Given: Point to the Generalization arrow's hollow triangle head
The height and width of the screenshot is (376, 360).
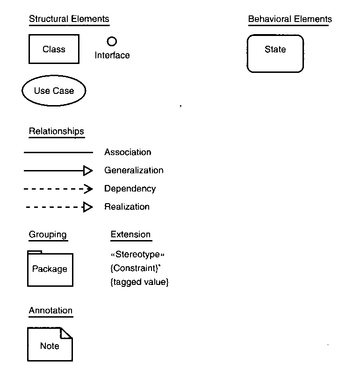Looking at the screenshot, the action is click(x=88, y=171).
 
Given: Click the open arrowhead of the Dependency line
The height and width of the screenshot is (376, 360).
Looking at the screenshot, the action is click(x=88, y=189).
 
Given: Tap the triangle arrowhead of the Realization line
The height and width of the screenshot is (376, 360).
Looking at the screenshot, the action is click(x=87, y=207).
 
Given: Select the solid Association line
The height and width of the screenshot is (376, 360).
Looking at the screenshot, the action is click(x=58, y=152).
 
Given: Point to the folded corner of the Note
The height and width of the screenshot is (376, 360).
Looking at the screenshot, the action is click(x=66, y=333).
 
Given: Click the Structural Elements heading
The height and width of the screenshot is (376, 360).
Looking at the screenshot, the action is click(x=69, y=19).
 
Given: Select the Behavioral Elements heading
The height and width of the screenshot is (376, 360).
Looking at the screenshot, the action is click(x=290, y=19).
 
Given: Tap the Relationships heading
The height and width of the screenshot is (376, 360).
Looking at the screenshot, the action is click(x=57, y=131).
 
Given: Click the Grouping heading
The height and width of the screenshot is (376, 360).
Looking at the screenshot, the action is click(x=48, y=234).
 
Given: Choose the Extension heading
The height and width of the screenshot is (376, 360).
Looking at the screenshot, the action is click(x=130, y=234).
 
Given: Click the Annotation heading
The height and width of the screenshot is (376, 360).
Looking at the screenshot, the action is click(x=50, y=310).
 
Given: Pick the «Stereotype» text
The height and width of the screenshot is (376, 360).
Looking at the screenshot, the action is click(x=137, y=254).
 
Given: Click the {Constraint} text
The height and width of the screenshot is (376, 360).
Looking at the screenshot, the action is click(x=135, y=268).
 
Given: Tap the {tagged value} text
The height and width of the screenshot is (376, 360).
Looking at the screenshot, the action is click(x=139, y=282).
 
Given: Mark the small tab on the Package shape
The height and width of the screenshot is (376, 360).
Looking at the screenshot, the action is click(x=35, y=252).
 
